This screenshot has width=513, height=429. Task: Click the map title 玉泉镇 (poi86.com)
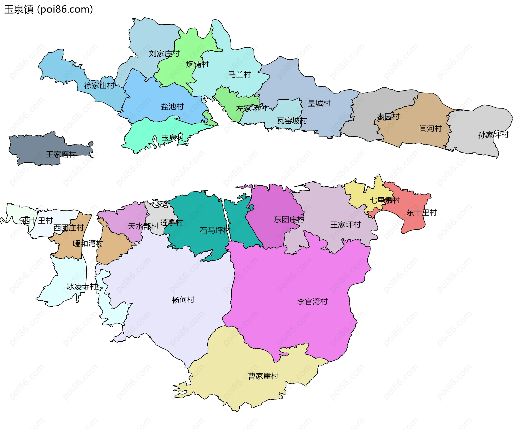[48, 9]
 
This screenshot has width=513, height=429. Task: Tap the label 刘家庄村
[164, 54]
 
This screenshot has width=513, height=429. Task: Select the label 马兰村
[239, 74]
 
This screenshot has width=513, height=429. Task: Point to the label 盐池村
[172, 107]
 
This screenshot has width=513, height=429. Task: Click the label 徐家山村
[99, 85]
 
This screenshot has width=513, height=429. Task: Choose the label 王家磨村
[61, 154]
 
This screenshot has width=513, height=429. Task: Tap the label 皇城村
[319, 103]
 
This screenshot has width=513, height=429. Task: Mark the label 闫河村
[430, 128]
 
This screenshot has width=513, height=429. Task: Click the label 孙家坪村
[493, 135]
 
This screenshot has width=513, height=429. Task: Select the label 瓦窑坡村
[292, 121]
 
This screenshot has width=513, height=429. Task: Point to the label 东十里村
[421, 213]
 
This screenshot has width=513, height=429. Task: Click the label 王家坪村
[345, 225]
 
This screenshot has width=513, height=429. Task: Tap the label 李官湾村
[312, 302]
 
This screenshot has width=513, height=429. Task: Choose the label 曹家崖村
[263, 376]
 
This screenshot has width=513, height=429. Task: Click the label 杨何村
[183, 300]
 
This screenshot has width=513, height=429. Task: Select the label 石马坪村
[215, 230]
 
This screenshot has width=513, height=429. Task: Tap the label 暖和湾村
[88, 244]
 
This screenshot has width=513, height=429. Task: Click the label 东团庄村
[289, 220]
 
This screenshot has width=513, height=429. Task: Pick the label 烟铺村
[197, 64]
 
